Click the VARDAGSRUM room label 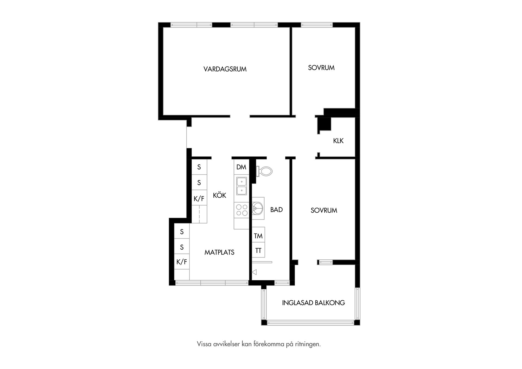click(225, 69)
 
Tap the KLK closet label click(338, 141)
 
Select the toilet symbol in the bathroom click(265, 171)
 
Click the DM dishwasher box click(241, 167)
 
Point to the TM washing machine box click(258, 236)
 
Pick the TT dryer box click(258, 250)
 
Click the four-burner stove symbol click(241, 210)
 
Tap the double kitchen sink click(241, 186)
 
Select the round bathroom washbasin click(257, 208)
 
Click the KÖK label click(219, 195)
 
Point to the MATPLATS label click(219, 252)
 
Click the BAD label click(276, 210)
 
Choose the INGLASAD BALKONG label click(313, 303)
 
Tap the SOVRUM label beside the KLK click(321, 68)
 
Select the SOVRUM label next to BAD click(324, 210)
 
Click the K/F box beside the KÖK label click(199, 199)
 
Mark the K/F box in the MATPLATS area click(182, 262)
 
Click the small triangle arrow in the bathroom click(254, 272)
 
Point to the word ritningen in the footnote click(308, 344)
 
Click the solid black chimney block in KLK click(325, 124)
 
